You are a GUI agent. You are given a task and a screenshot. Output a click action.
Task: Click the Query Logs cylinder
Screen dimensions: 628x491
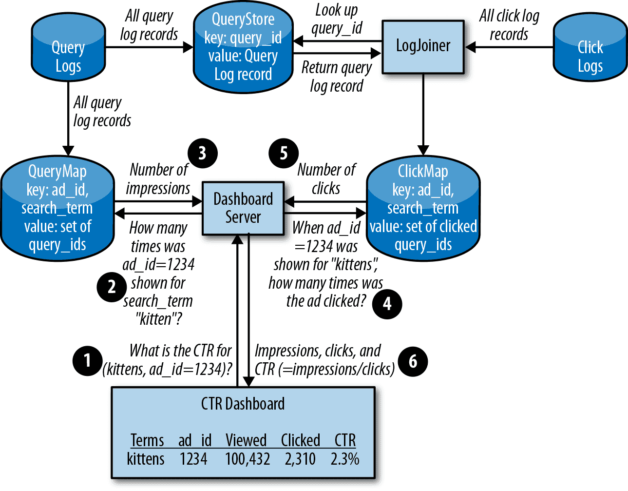coord(68,47)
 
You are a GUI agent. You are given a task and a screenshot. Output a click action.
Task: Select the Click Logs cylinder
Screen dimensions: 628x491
coord(590,47)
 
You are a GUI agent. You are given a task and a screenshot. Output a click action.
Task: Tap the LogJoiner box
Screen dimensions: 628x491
coord(423,46)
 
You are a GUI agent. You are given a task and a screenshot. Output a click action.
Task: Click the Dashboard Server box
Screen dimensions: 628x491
coord(243,208)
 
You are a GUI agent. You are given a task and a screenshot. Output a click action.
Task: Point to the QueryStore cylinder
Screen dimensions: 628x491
coord(243,47)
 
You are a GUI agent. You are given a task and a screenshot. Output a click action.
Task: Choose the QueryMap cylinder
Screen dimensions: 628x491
coord(57,208)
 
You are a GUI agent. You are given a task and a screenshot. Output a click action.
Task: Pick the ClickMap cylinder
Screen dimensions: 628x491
coord(423,208)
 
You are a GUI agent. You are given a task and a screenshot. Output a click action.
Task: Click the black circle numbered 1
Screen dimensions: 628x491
coord(88,361)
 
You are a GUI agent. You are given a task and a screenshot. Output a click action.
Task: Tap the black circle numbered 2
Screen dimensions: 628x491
coord(112,287)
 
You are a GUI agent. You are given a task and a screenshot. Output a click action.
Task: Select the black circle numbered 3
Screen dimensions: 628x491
coord(203,153)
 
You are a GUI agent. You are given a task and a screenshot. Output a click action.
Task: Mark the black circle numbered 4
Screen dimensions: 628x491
coord(387,304)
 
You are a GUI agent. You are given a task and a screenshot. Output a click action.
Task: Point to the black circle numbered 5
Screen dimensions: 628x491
coord(284,153)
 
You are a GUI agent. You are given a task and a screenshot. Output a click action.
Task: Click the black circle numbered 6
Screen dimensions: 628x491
coord(413,361)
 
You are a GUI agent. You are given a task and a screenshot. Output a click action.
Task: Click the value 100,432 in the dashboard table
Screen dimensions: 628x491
coord(247,459)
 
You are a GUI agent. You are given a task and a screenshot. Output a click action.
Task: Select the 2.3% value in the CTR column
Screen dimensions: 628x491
coord(345,459)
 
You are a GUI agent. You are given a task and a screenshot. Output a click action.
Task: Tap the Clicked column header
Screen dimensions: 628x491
coord(301,440)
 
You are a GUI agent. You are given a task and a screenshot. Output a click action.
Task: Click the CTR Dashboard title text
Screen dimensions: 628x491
coord(243,404)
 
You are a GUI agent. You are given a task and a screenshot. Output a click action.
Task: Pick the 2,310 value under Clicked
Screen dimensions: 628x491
coord(300,459)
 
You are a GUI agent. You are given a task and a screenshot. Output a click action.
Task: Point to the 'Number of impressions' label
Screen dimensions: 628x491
coord(158,179)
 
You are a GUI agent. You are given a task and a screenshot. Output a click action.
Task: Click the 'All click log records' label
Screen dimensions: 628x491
coord(509,25)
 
